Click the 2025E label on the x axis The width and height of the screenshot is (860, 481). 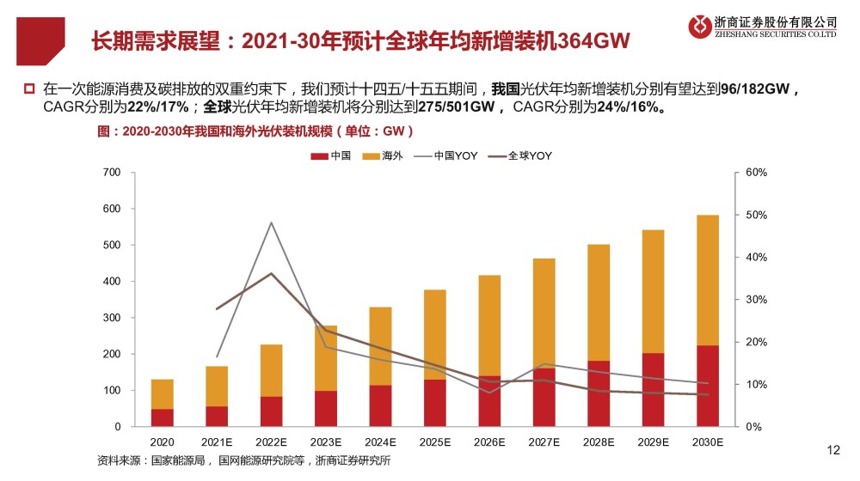435,442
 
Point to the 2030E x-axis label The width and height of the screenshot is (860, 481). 708,442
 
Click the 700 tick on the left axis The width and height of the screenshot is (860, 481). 113,173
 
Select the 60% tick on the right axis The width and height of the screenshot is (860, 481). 756,173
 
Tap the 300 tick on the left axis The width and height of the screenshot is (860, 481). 113,318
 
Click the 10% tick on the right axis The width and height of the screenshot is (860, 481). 756,384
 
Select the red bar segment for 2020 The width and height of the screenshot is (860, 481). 162,417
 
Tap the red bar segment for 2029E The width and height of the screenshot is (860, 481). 654,390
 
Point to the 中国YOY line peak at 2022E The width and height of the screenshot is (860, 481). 271,222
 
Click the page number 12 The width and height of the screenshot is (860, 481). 832,449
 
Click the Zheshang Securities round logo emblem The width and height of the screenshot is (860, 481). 700,27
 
